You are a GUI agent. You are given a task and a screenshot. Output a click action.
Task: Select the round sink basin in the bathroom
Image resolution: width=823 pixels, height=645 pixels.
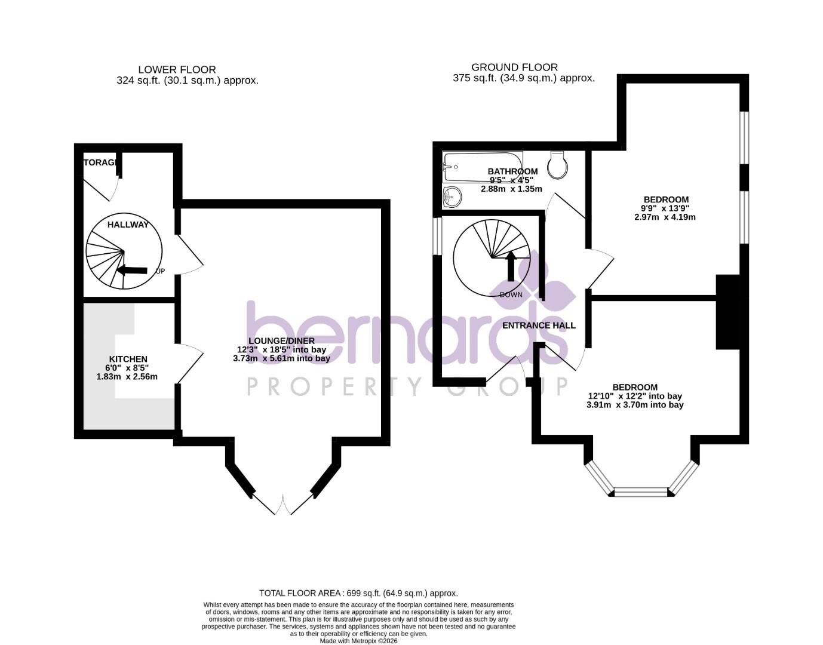pos(453,196)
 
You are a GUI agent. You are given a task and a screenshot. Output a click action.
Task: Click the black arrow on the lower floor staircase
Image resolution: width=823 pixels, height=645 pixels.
pos(132,270)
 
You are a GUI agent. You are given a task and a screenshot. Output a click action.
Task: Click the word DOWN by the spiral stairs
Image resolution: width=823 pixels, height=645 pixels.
pos(511,294)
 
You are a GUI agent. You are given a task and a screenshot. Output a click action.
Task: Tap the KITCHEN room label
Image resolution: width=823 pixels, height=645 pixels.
pos(128,359)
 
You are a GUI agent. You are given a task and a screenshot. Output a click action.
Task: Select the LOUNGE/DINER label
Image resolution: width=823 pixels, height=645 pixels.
pos(281,341)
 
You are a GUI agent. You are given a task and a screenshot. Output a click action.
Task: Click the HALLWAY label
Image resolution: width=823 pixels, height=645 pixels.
pos(128,225)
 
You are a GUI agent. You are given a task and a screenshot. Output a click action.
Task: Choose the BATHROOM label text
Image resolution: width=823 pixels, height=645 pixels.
pos(512,171)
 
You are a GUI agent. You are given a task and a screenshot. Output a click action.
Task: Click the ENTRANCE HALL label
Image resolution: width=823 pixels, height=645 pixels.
pos(539,325)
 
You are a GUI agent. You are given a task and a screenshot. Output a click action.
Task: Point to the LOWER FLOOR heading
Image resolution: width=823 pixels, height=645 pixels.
pos(177,70)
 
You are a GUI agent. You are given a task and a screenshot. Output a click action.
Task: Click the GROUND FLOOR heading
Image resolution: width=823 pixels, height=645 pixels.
pos(514,67)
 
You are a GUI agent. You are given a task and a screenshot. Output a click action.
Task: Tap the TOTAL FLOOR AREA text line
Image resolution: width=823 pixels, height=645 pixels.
pos(358,593)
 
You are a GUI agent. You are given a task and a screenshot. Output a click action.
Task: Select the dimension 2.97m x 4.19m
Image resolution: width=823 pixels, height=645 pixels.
pos(665,217)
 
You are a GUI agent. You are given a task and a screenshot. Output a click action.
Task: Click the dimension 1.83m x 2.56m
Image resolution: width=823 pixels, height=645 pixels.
pos(127,377)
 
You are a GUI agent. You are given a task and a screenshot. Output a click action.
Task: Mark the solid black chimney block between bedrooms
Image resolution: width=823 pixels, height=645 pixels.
pos(727,312)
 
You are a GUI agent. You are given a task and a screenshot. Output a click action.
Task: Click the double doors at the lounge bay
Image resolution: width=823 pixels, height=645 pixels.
pos(282,505)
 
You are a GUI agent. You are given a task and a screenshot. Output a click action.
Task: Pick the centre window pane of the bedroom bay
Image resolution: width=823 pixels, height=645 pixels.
pos(641,492)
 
